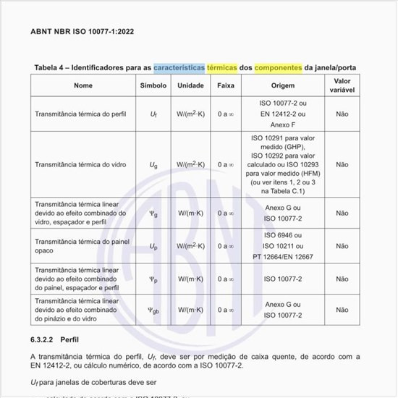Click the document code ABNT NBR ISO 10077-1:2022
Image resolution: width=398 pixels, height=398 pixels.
(x=82, y=32)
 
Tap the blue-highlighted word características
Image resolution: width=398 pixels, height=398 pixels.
(x=179, y=67)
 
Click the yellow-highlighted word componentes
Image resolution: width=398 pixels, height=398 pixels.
(x=277, y=67)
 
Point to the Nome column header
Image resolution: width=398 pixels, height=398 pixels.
(x=83, y=85)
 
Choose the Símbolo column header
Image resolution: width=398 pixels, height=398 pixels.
(x=153, y=85)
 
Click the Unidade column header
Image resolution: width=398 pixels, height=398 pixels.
(x=190, y=85)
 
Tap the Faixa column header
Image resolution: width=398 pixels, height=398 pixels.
(x=225, y=85)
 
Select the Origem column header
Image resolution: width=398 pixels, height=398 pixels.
(x=283, y=85)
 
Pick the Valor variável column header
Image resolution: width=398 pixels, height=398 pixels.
(x=342, y=85)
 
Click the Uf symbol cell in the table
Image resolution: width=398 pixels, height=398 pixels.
(x=153, y=114)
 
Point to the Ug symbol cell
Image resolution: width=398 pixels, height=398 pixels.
(x=153, y=164)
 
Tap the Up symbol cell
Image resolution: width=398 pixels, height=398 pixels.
(x=153, y=247)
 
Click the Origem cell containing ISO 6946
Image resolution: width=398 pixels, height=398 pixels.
(x=283, y=247)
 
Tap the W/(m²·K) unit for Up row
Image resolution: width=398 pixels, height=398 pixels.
(x=190, y=247)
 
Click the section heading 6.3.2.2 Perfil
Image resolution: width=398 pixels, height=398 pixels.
(x=54, y=338)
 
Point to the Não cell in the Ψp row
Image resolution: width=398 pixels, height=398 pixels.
(x=342, y=279)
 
